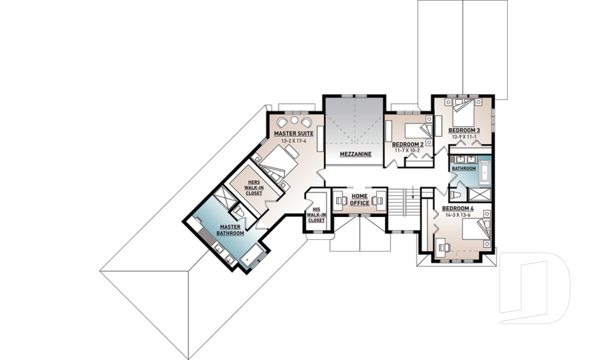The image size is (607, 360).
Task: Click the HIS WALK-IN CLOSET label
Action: click(316, 215)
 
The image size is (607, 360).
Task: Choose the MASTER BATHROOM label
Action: click(231, 230)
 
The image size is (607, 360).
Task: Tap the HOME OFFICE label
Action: click(359, 200)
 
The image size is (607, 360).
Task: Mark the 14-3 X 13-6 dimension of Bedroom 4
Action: click(458, 215)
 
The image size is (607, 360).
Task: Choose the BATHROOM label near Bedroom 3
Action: click(463, 169)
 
